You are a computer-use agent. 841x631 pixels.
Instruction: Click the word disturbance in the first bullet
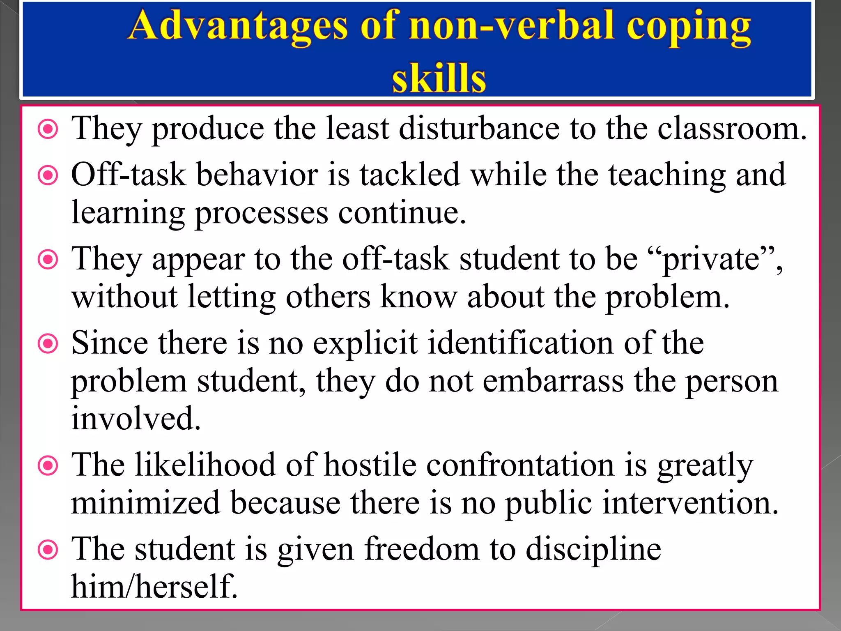tap(479, 129)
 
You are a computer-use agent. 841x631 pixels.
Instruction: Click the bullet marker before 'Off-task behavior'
tap(48, 176)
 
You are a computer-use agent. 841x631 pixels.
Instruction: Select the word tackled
tap(409, 175)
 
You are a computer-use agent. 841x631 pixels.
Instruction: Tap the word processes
tap(261, 213)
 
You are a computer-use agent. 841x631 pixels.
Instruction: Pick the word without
tap(124, 297)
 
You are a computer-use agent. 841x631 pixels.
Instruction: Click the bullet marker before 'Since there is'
tap(48, 343)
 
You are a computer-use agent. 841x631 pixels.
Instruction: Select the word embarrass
tap(553, 381)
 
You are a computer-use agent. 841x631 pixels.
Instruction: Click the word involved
tap(136, 418)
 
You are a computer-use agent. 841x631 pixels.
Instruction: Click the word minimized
tap(145, 503)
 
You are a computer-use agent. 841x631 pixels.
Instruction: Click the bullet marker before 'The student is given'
tap(48, 550)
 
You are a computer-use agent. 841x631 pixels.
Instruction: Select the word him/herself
tap(154, 587)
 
